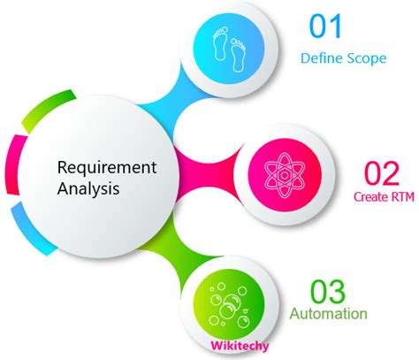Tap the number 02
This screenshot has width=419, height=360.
click(x=384, y=171)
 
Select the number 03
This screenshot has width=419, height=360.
click(x=329, y=291)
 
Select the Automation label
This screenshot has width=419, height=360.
click(x=329, y=313)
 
